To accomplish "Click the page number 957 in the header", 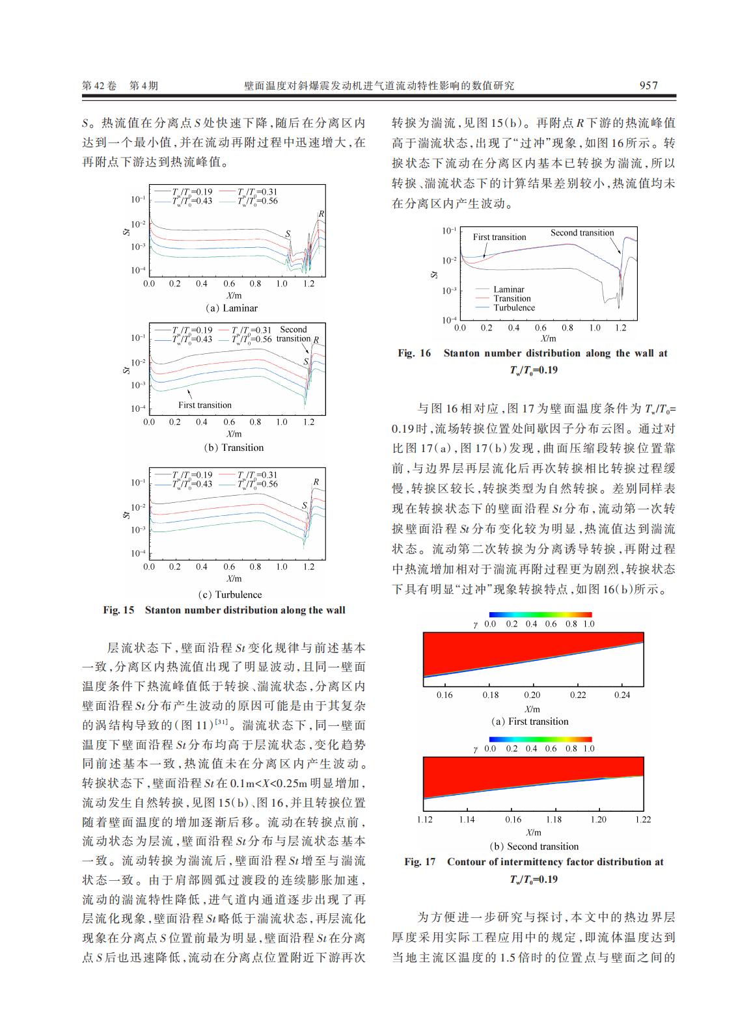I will (x=648, y=86).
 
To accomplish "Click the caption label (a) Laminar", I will (x=232, y=308).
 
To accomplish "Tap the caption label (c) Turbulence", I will (x=230, y=595).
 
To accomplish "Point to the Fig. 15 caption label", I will (x=118, y=610).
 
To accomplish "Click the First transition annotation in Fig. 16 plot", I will (x=499, y=237).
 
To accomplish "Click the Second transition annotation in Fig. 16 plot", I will (x=582, y=233).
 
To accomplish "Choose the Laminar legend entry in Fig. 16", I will (x=508, y=289).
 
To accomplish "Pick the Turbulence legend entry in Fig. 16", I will (x=513, y=308).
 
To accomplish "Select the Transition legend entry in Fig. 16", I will (x=512, y=299).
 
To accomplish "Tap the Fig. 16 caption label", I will (x=414, y=353).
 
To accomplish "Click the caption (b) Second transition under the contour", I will (x=534, y=846).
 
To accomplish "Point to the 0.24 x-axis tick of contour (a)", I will (x=622, y=695).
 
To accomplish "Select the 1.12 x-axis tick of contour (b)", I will (x=424, y=820).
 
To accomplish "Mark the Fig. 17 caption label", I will (x=420, y=862).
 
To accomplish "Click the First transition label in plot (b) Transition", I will (x=205, y=405).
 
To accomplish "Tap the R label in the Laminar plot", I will (x=321, y=214).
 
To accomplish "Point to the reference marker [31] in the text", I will (x=221, y=723).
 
